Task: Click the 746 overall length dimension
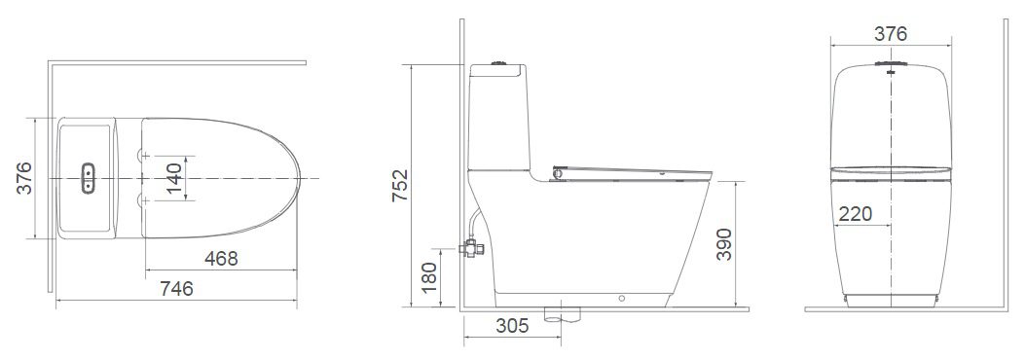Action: point(176,288)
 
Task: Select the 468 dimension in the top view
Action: point(221,258)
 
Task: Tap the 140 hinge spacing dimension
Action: point(175,178)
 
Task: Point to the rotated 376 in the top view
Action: point(24,178)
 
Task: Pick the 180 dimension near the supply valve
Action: point(430,277)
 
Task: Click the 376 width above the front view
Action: point(890,34)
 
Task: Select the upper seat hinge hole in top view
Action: point(144,154)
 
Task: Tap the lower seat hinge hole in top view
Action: point(144,200)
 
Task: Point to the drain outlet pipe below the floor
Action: point(559,314)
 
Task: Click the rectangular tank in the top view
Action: point(87,178)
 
